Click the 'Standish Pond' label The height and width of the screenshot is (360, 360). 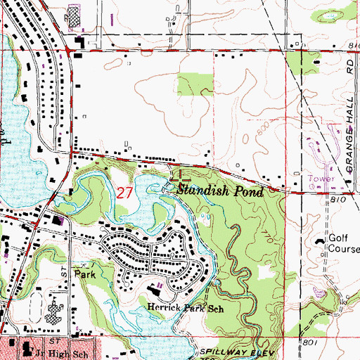220,191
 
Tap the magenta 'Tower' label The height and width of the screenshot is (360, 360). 321,179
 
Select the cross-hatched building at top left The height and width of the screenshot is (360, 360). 73,16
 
